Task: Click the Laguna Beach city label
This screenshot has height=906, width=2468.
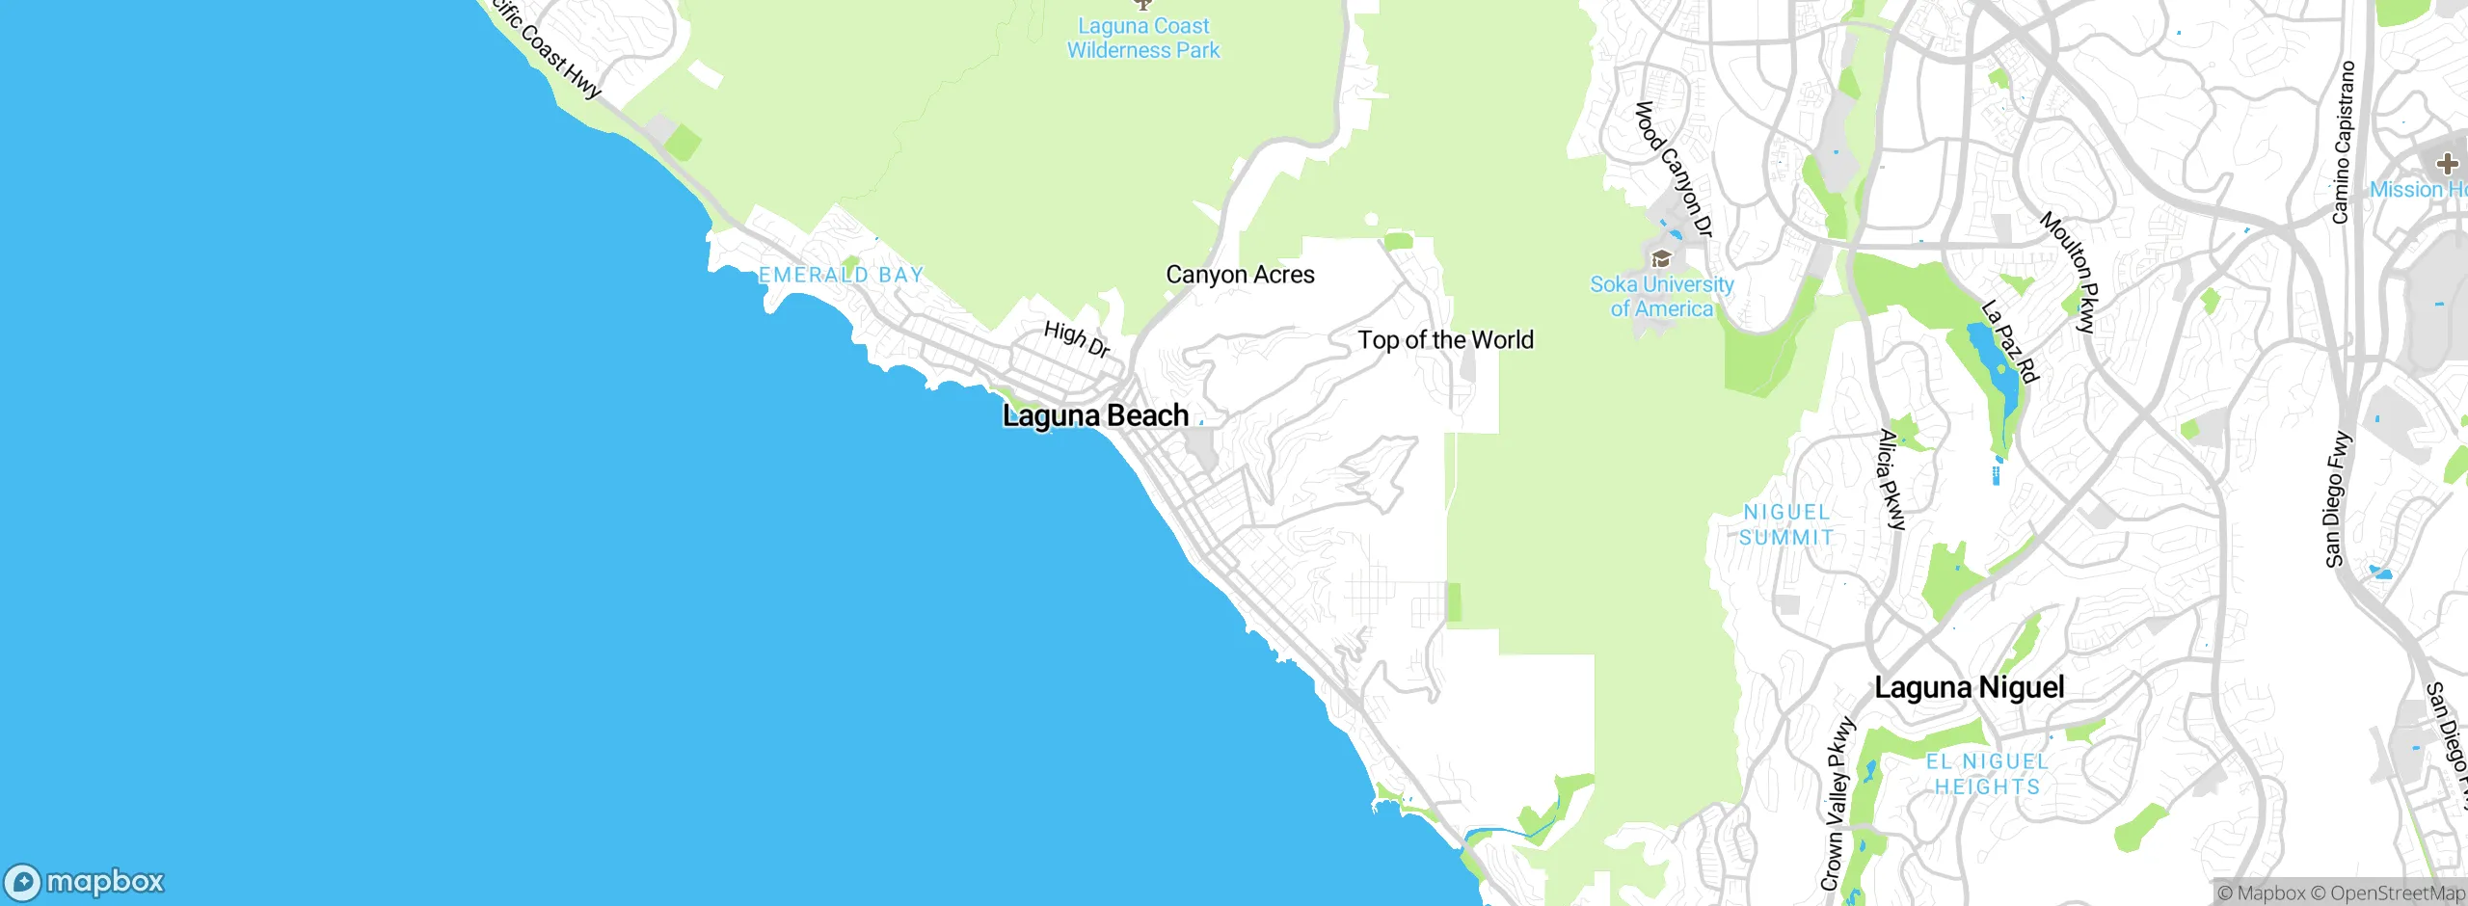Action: point(1095,416)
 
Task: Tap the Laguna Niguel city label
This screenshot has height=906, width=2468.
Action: point(1969,688)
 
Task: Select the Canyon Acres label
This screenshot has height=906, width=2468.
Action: point(1240,275)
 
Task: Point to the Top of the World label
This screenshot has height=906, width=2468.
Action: point(1445,340)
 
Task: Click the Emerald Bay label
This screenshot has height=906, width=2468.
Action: point(841,276)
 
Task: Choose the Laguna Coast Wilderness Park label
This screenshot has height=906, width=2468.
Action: point(1143,39)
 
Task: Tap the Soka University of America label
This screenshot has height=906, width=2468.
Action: point(1661,297)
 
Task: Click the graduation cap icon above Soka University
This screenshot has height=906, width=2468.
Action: point(1661,258)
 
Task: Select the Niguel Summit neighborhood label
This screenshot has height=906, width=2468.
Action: point(1786,525)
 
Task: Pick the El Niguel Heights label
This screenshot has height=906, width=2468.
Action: point(1987,774)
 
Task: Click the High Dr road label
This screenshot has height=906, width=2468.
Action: point(1077,339)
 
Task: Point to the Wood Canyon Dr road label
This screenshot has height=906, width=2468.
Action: point(1674,170)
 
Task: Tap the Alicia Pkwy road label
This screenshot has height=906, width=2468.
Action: point(1891,480)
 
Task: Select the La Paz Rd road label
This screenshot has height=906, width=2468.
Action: point(2010,341)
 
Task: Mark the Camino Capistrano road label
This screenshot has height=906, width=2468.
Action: point(2344,143)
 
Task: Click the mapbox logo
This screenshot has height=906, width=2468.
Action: point(85,882)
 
